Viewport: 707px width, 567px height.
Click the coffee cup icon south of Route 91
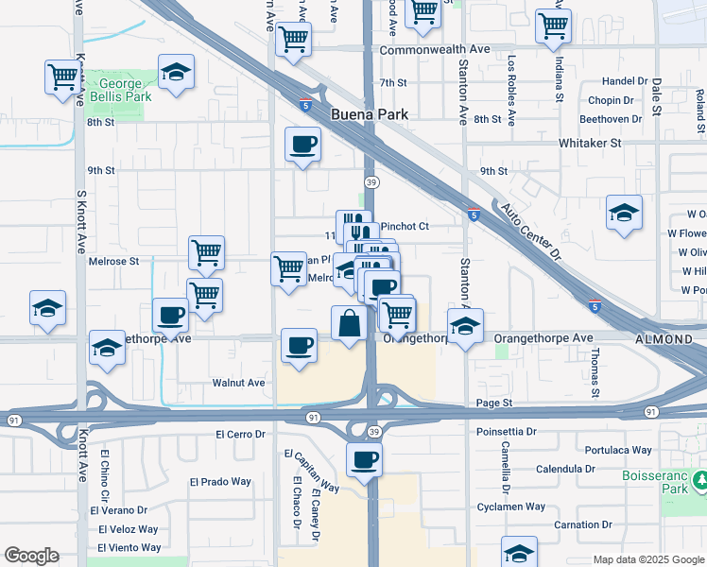coord(365,461)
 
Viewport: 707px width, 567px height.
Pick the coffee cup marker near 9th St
coord(302,145)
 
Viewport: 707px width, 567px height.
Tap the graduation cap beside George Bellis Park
coord(176,75)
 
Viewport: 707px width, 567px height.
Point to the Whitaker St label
coord(590,143)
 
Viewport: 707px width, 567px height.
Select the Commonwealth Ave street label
coord(435,49)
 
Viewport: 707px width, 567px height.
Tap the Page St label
coord(494,403)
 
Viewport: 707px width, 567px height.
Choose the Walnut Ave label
coord(238,383)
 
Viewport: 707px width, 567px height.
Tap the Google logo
coord(31,556)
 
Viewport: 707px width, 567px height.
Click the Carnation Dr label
coord(578,524)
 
